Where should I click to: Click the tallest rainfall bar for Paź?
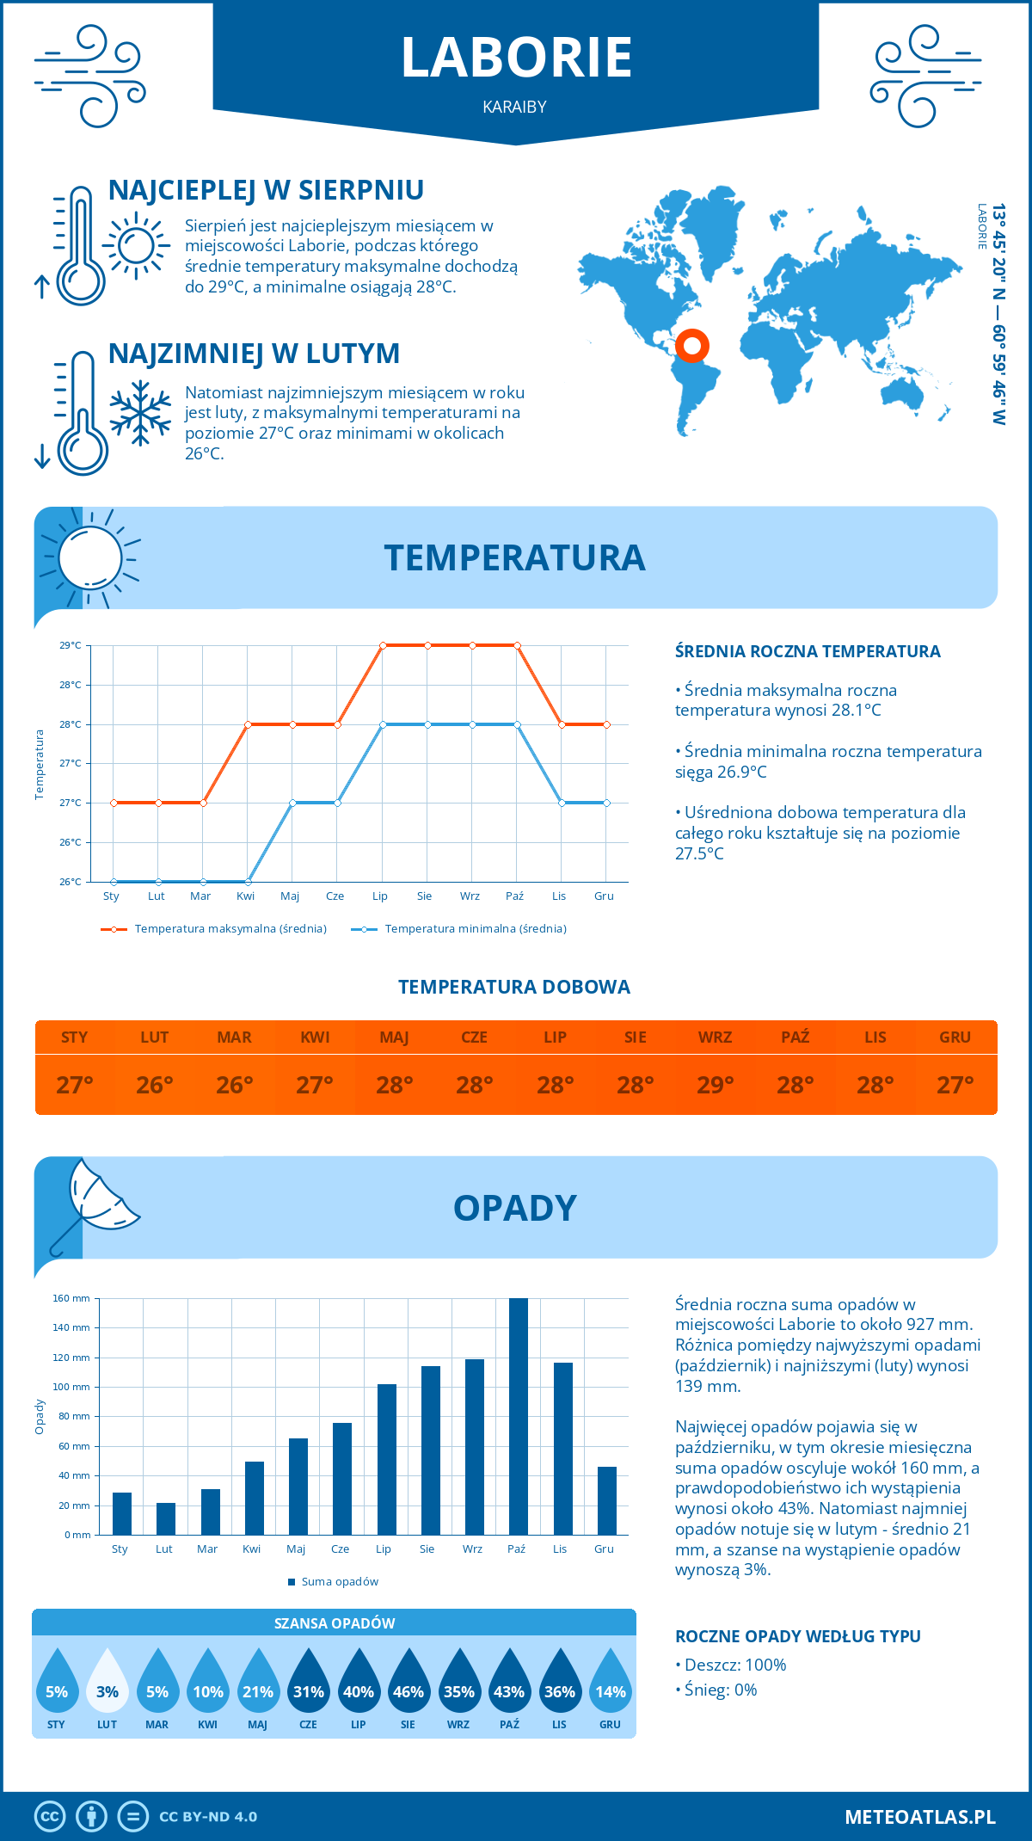pyautogui.click(x=518, y=1417)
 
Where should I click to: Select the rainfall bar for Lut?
pyautogui.click(x=165, y=1519)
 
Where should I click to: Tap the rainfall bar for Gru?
pyautogui.click(x=606, y=1501)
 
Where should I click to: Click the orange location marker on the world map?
pyautogui.click(x=691, y=346)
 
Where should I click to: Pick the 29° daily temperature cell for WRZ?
pyautogui.click(x=715, y=1085)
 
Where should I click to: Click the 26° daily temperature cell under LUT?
pyautogui.click(x=155, y=1085)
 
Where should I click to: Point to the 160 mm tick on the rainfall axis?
pyautogui.click(x=72, y=1298)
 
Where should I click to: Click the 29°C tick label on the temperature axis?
pyautogui.click(x=71, y=645)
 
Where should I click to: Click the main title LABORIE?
pyautogui.click(x=516, y=58)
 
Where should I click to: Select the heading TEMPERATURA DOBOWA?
pyautogui.click(x=514, y=988)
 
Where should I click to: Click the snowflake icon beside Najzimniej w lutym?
pyautogui.click(x=140, y=414)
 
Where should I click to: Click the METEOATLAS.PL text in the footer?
pyautogui.click(x=919, y=1817)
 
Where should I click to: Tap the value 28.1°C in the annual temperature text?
pyautogui.click(x=851, y=711)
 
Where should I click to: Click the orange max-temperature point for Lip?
pyautogui.click(x=383, y=645)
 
